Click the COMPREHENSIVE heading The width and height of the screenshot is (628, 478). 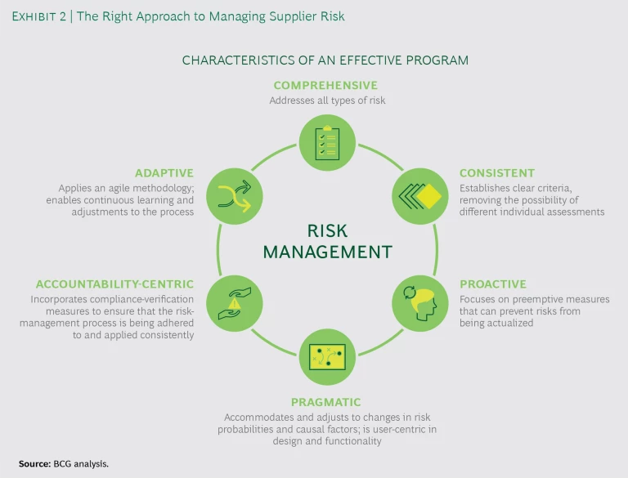tap(325, 86)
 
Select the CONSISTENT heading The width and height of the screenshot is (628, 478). tap(497, 173)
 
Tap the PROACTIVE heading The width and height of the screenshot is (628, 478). tap(493, 284)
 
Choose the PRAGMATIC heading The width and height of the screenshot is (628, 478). tap(325, 402)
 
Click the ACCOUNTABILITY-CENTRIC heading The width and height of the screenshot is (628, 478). tap(114, 284)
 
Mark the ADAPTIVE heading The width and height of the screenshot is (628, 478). tap(164, 173)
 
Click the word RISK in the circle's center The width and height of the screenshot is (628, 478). tap(326, 231)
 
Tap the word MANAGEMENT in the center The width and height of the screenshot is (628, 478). tap(326, 252)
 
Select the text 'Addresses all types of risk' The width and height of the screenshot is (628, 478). tap(325, 101)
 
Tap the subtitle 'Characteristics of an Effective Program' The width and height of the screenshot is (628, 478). tap(325, 60)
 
